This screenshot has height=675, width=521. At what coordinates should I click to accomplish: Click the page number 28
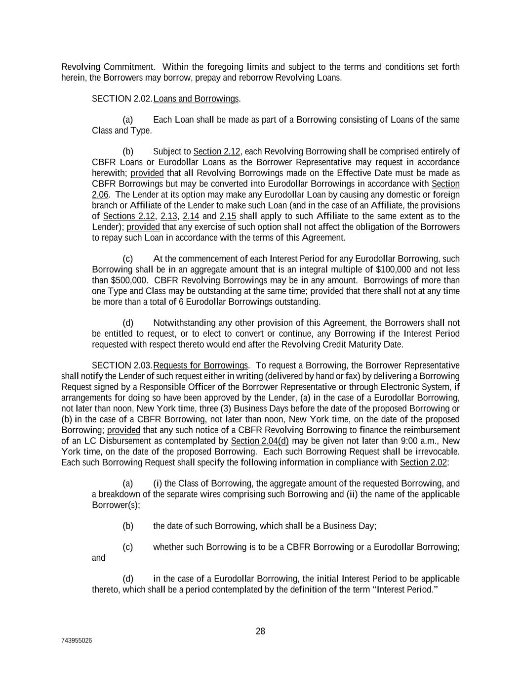(260, 631)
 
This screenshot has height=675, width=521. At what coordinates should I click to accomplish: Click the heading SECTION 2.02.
(122, 99)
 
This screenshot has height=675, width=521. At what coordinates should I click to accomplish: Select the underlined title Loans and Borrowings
(196, 99)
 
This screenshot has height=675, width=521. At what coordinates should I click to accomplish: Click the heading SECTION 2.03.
(122, 365)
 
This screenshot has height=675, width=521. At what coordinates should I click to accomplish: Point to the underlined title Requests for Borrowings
(200, 365)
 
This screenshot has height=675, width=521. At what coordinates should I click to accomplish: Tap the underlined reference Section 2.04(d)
(260, 441)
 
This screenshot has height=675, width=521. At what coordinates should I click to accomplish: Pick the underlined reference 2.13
(169, 216)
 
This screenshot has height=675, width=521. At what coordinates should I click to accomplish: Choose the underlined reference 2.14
(191, 216)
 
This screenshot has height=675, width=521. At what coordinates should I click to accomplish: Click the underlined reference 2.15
(228, 216)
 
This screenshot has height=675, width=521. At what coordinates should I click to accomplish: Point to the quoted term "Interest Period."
(405, 589)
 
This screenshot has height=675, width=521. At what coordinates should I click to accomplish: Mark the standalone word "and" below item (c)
(99, 558)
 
